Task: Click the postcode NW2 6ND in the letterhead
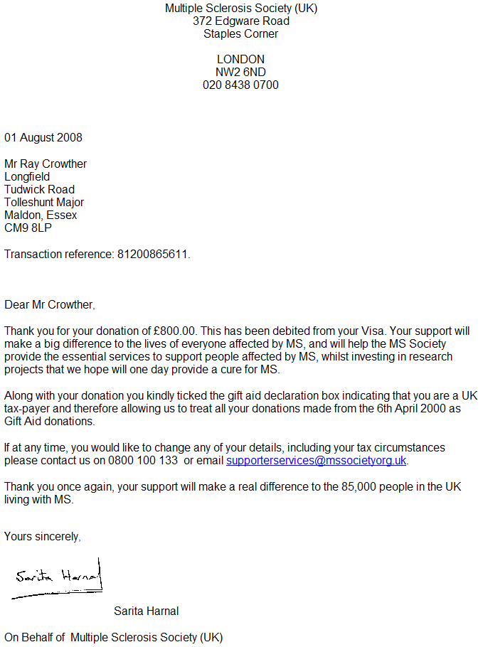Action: click(240, 72)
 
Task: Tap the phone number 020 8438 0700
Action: click(240, 85)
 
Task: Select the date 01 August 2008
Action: click(43, 137)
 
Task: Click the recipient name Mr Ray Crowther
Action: click(46, 164)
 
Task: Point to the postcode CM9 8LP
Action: click(28, 228)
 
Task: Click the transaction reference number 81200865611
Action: click(154, 254)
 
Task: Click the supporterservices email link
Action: click(316, 460)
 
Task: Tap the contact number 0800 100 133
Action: click(143, 460)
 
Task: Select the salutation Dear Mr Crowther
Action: click(49, 304)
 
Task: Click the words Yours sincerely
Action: click(42, 536)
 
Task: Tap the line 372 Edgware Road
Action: click(240, 21)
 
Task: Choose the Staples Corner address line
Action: click(240, 33)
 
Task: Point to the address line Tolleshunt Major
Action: click(44, 202)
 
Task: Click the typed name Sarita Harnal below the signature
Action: click(146, 611)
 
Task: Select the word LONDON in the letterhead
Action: click(240, 59)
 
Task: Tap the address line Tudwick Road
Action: click(39, 189)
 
